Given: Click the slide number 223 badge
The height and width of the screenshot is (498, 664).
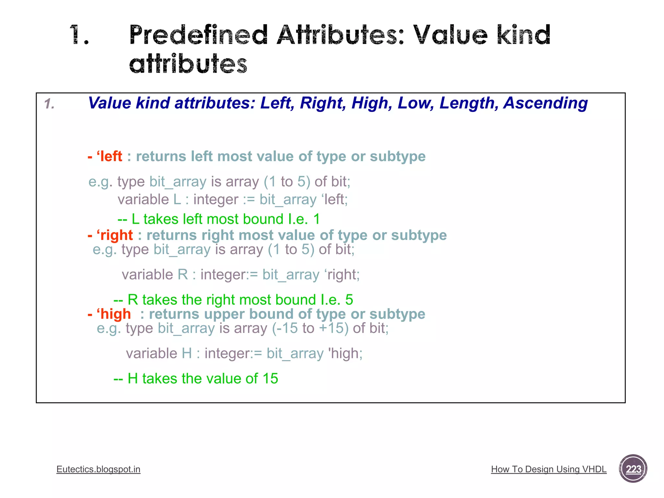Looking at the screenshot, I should (x=633, y=469).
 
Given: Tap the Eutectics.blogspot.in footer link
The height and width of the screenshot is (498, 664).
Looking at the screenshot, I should (x=98, y=469).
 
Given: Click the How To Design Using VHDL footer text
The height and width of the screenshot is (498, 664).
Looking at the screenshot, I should (x=549, y=469).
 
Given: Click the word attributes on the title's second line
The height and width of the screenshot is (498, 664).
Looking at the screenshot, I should (x=188, y=64).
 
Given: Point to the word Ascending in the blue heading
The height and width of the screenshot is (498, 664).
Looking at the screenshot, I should (x=545, y=103).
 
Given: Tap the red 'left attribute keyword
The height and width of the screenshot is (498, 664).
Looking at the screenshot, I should (x=109, y=157).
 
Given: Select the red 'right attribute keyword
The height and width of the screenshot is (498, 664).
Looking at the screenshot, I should (x=114, y=235).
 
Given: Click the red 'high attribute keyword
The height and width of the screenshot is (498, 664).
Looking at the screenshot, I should (x=113, y=314).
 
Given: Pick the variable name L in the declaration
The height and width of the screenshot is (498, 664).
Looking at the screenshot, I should (x=177, y=200).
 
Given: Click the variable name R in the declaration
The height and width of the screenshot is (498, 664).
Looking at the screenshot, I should (x=183, y=275).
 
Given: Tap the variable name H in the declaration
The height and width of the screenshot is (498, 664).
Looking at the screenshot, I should (x=187, y=353).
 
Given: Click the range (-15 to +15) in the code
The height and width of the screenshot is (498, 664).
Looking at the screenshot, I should (x=310, y=328).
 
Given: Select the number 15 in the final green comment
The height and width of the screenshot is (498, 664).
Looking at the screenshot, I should (x=270, y=379).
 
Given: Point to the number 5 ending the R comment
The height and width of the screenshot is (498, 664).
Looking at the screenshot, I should (x=349, y=300).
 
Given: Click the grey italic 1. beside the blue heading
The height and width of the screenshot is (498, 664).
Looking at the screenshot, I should (x=49, y=104).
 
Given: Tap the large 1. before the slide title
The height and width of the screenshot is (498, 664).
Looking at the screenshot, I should (x=79, y=35).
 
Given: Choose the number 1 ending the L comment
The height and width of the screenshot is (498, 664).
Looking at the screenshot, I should (x=316, y=219).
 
